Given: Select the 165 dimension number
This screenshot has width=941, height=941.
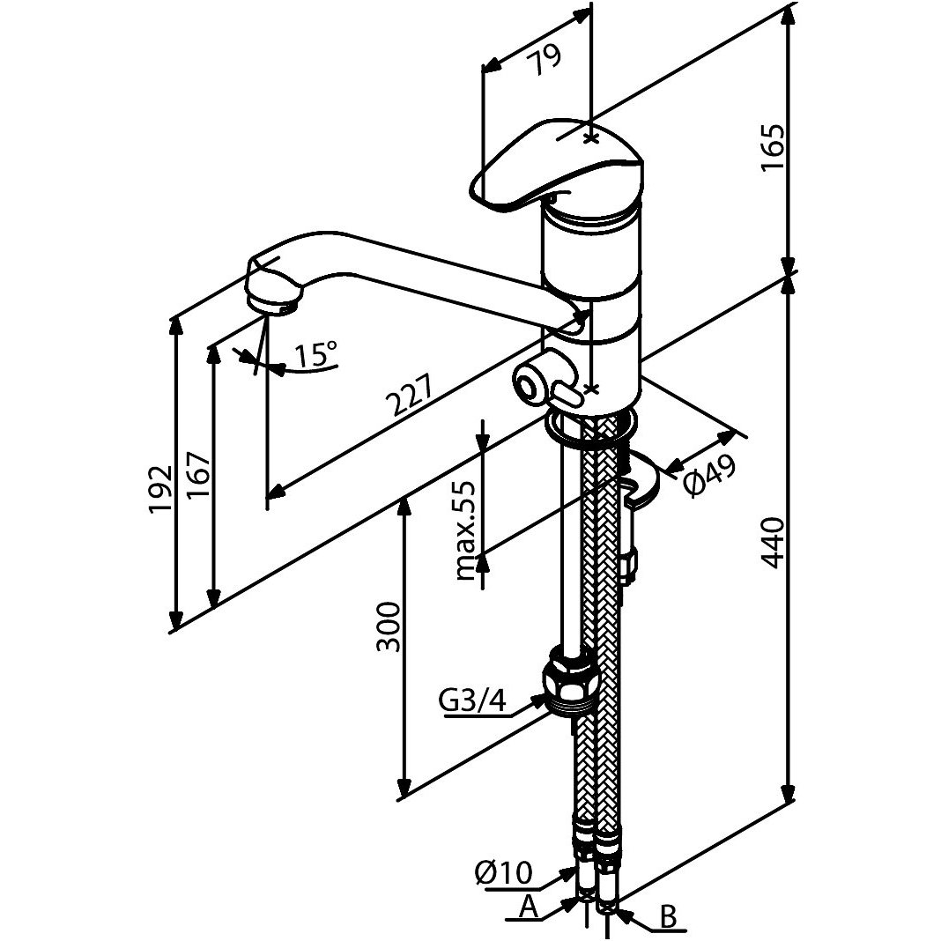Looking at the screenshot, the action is [773, 149].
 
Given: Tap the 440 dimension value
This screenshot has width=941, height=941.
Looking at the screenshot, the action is [773, 543].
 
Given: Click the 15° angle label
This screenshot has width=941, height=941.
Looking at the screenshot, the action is [315, 354].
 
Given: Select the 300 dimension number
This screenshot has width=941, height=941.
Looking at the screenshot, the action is [389, 627].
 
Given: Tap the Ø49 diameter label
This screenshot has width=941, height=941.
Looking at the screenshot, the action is [710, 474].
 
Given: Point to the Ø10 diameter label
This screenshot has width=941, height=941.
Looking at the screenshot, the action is [504, 872].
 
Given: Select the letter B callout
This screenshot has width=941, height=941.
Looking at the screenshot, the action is [668, 916].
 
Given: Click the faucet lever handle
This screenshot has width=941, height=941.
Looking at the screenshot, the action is [556, 166].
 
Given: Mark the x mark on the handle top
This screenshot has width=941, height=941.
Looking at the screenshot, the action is [592, 139].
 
